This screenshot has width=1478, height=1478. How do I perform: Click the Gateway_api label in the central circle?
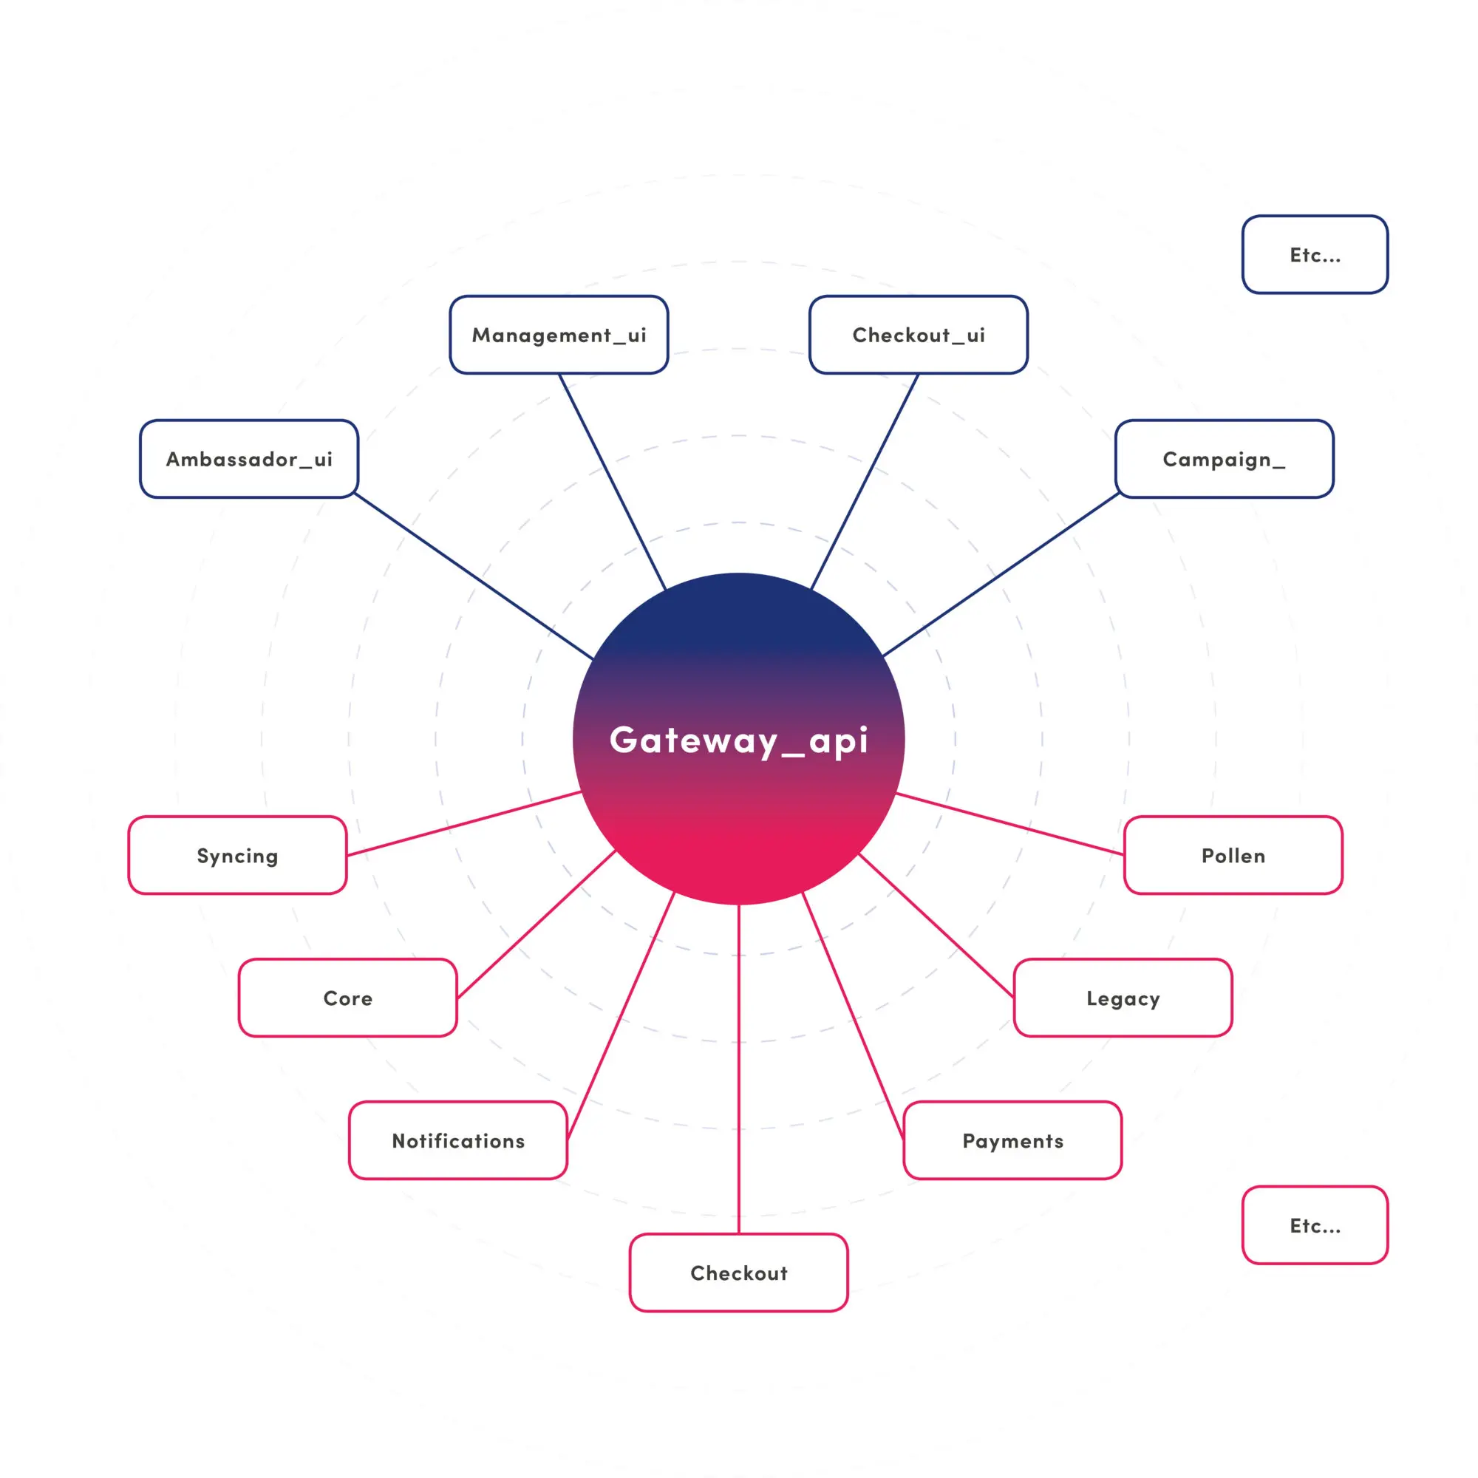(x=739, y=740)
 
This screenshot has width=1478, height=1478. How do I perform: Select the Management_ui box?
(x=559, y=335)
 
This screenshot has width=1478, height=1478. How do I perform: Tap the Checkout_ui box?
(x=918, y=335)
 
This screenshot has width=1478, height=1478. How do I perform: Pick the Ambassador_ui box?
(x=248, y=459)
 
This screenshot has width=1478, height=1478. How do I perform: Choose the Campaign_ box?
(x=1224, y=459)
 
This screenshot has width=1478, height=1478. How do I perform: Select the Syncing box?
(x=237, y=855)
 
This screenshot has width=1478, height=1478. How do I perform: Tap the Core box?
(x=347, y=998)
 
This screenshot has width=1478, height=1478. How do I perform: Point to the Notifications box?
(x=457, y=1140)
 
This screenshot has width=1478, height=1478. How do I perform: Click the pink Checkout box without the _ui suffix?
(x=739, y=1273)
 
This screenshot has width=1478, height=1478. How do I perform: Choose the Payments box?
(x=1012, y=1140)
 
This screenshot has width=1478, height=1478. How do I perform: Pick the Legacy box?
(x=1123, y=998)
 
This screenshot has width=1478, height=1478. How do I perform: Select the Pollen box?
(x=1233, y=855)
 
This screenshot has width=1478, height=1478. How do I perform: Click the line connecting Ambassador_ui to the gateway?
(x=474, y=576)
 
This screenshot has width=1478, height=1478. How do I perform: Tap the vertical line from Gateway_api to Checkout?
(x=739, y=1071)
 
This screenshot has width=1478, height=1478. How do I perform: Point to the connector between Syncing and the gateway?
(x=463, y=823)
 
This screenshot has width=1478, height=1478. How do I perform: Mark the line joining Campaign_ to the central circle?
(x=1001, y=575)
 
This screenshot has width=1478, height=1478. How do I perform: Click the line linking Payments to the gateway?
(x=853, y=1018)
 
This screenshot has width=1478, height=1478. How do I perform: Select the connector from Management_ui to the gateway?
(x=612, y=481)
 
